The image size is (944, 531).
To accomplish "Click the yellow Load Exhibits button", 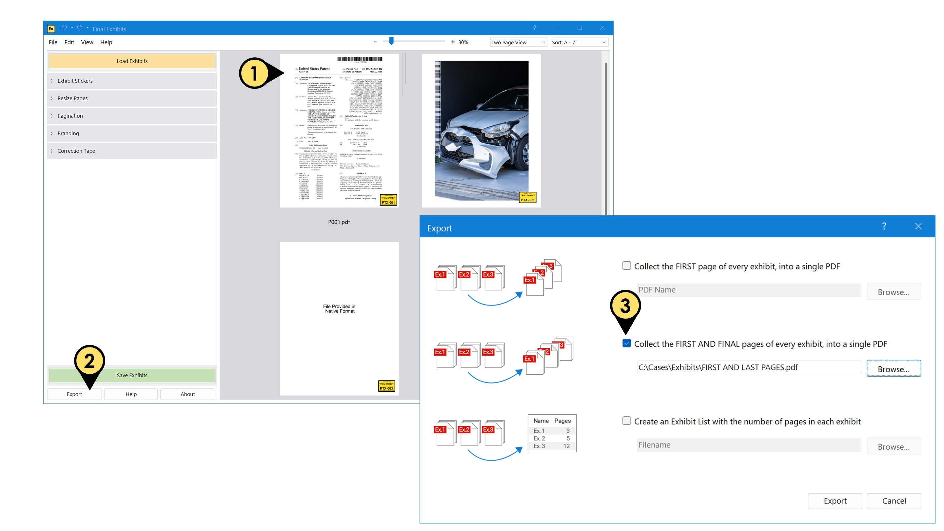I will coord(132,61).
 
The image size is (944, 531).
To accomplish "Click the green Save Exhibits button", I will coord(132,375).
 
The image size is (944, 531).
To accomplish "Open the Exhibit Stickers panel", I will coord(75,81).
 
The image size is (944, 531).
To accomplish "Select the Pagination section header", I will coord(70,116).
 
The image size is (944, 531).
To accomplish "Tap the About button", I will coord(187,394).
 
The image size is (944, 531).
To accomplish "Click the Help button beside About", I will coord(131,394).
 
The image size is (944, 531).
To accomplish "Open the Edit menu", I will coord(69,42).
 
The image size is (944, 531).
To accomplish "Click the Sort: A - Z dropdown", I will coord(579,43).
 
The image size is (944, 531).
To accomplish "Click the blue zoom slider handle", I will coord(391,41).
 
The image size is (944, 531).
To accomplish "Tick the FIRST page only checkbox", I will coord(627,266).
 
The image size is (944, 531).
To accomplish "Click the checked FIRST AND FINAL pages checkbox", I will coord(627,344).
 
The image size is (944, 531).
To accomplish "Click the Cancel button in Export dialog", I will coord(894,501).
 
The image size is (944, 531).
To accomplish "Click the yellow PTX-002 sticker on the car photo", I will coord(528,198).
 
